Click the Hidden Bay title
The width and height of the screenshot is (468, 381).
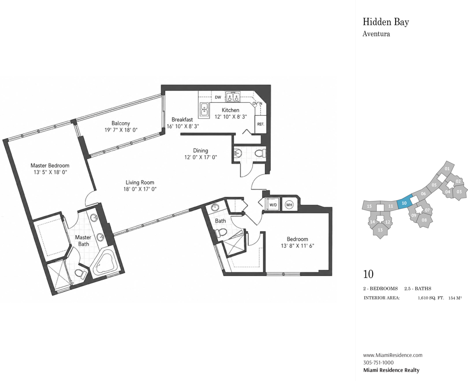pyautogui.click(x=386, y=22)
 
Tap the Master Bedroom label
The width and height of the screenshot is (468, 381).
pyautogui.click(x=50, y=165)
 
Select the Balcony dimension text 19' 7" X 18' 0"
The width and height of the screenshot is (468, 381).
pyautogui.click(x=121, y=130)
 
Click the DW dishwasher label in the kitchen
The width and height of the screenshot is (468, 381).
pyautogui.click(x=218, y=97)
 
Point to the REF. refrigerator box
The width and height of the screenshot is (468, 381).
pyautogui.click(x=261, y=124)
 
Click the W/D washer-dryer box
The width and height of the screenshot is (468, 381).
pyautogui.click(x=273, y=205)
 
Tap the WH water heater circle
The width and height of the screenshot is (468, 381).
pyautogui.click(x=289, y=205)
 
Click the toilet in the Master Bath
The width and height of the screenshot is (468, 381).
pyautogui.click(x=80, y=273)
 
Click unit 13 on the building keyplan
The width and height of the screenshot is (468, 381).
pyautogui.click(x=380, y=230)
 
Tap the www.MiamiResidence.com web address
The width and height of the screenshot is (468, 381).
pyautogui.click(x=392, y=355)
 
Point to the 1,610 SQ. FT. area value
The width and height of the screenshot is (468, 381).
pyautogui.click(x=431, y=298)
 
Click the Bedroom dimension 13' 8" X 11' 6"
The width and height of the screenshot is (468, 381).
pyautogui.click(x=298, y=246)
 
